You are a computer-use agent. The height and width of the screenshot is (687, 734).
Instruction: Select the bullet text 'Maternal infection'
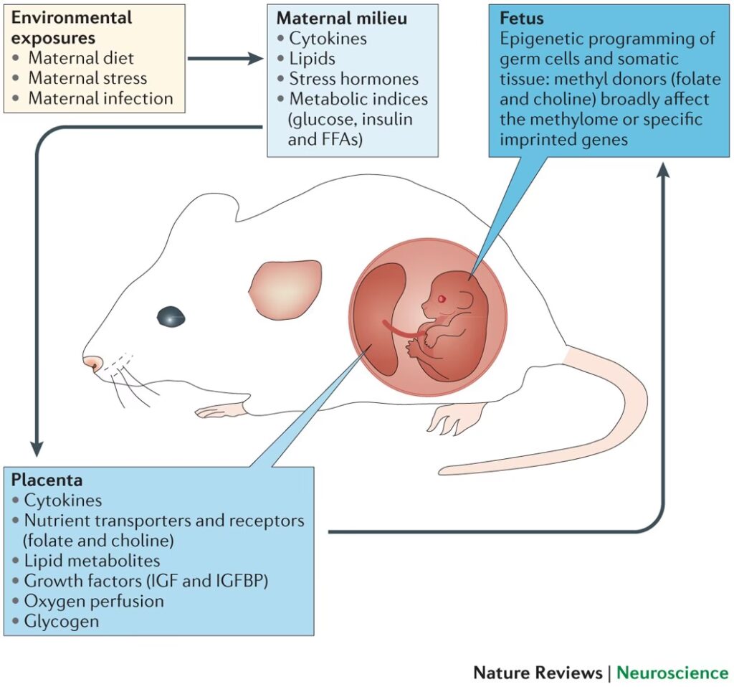click(x=100, y=98)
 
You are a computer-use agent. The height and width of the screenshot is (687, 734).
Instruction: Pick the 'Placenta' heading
click(x=47, y=480)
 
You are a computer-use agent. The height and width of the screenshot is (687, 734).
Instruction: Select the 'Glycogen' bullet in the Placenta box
click(x=61, y=621)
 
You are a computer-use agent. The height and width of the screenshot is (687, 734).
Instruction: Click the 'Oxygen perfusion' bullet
click(x=93, y=601)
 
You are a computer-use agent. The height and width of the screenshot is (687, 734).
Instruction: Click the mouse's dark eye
click(x=171, y=315)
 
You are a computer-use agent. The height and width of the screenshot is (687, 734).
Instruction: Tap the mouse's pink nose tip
click(x=90, y=363)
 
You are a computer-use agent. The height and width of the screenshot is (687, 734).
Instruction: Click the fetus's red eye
click(x=442, y=298)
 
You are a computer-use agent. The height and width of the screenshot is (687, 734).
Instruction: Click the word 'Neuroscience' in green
click(x=672, y=673)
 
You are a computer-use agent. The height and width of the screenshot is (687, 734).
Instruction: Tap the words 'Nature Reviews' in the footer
click(x=537, y=673)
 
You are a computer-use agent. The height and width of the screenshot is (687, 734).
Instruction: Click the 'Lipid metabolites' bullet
click(x=92, y=561)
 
